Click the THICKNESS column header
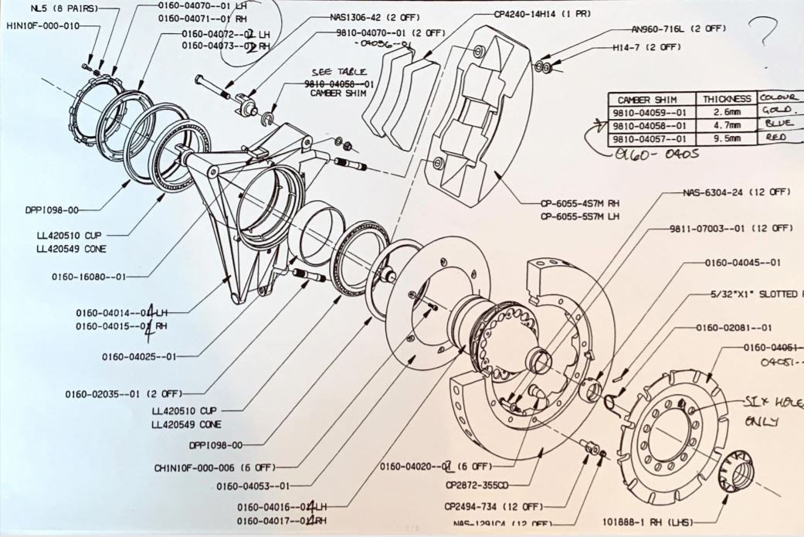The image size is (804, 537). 726,99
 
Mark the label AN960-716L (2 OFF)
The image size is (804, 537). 678,29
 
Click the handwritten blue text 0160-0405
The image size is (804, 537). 651,154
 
